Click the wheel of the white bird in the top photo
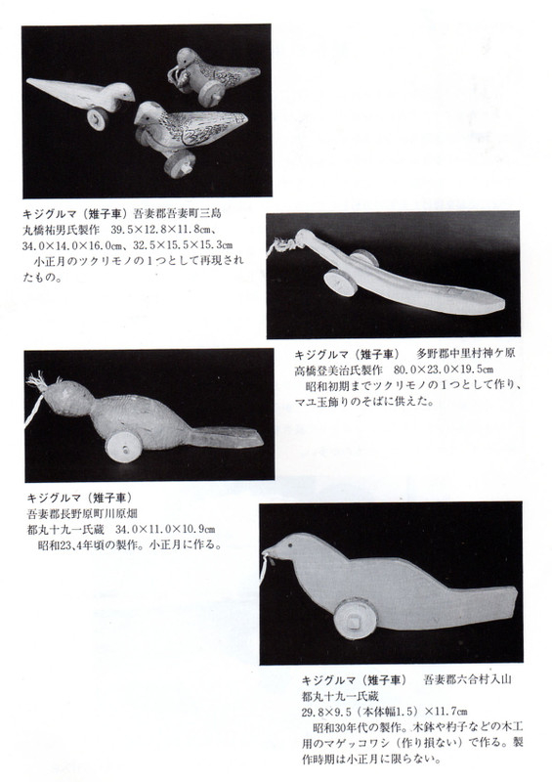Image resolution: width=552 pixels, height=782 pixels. pyautogui.click(x=99, y=120)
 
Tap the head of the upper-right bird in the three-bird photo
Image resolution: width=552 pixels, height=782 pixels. pyautogui.click(x=187, y=62)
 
